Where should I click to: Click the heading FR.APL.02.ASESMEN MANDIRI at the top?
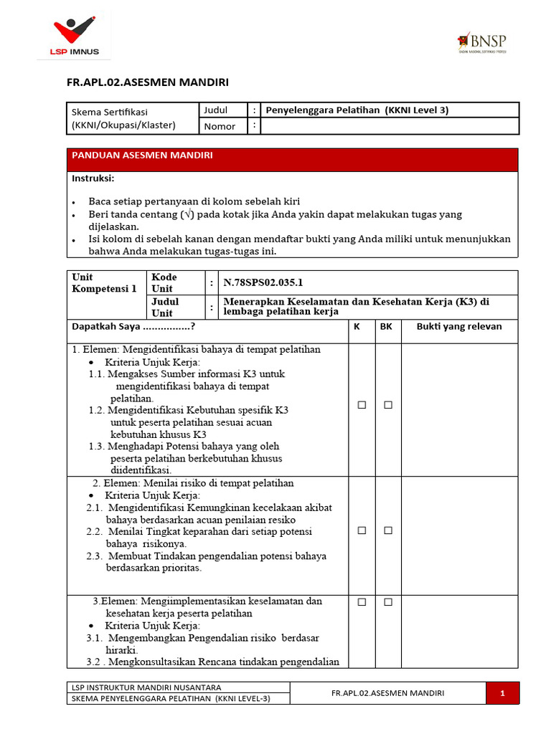(148, 82)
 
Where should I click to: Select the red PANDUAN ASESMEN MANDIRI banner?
(293, 159)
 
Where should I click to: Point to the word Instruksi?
(93, 178)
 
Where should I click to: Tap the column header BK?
(386, 327)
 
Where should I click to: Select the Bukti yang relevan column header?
(459, 327)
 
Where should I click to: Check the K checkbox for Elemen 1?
(362, 405)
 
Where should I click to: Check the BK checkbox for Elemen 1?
(387, 405)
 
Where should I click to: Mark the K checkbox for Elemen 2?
(362, 530)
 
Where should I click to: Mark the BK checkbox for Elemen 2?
(387, 530)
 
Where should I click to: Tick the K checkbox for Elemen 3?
(362, 603)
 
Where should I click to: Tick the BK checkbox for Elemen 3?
(387, 603)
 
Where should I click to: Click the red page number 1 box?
(502, 693)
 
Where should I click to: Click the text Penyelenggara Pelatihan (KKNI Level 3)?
(357, 110)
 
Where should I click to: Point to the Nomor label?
(220, 127)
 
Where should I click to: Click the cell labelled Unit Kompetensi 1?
(104, 282)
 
